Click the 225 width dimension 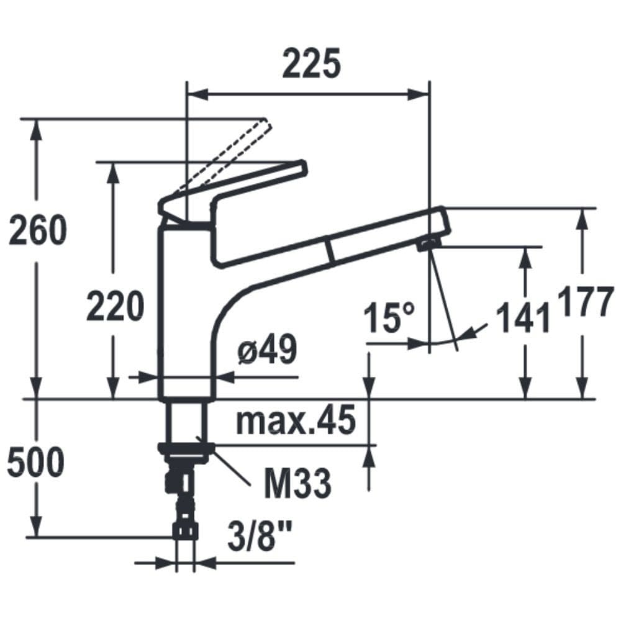311,63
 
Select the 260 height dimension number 38,230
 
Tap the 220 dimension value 116,306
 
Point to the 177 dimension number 586,302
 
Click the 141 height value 523,317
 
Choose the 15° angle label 389,317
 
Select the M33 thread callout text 297,483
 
